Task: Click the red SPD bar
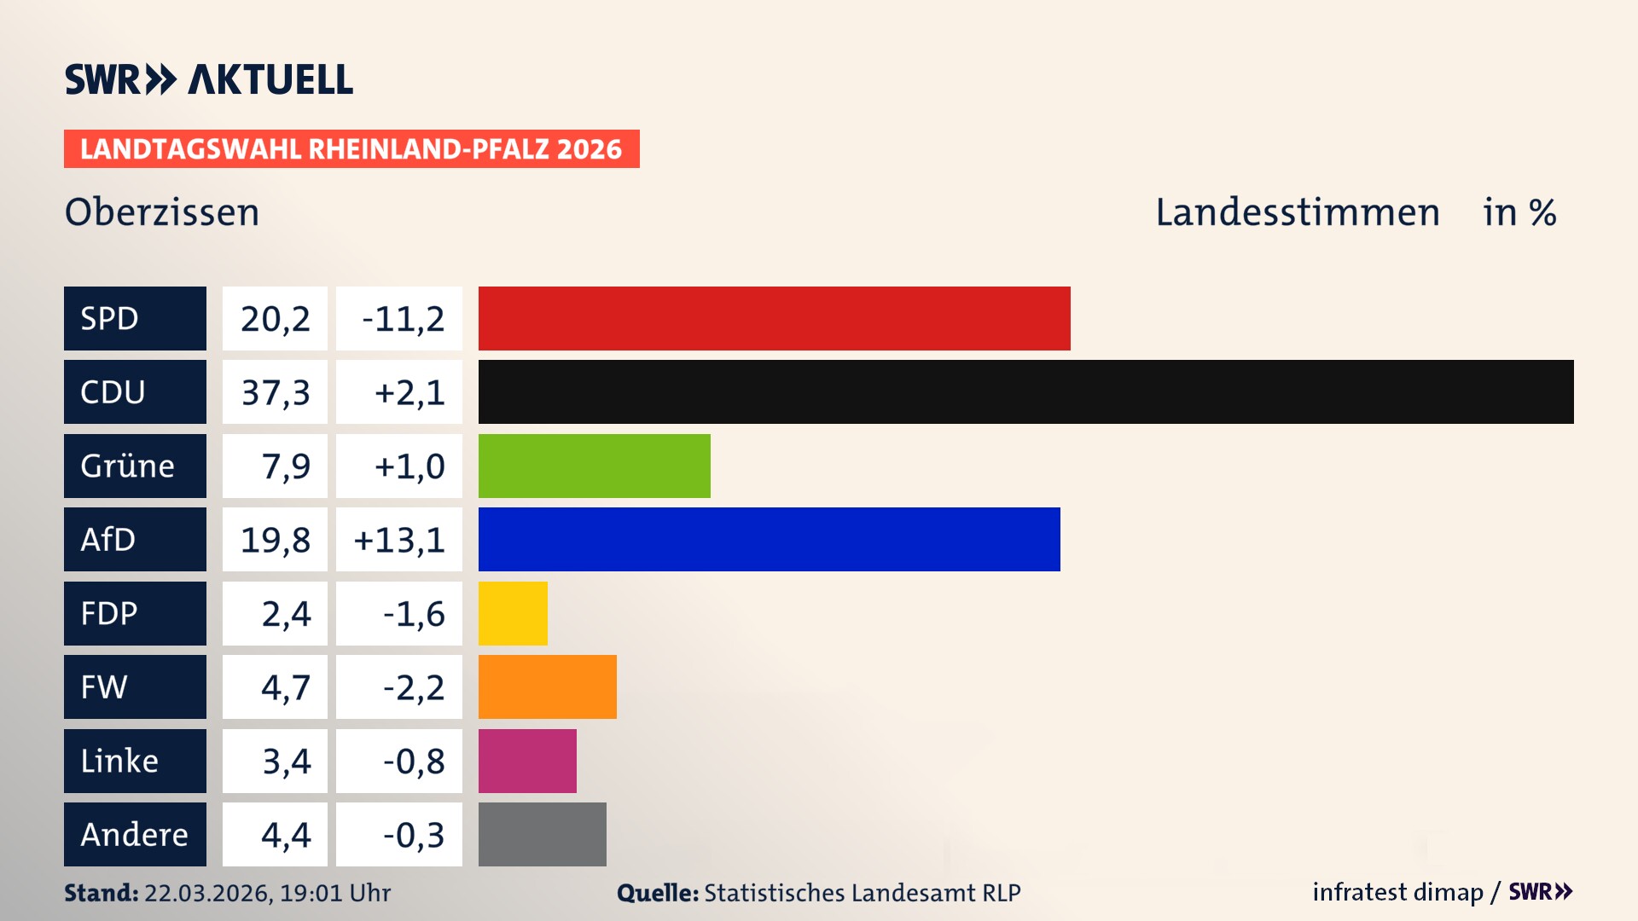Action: (774, 318)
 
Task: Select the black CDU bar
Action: (1025, 391)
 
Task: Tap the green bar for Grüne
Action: (594, 466)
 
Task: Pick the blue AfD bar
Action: (769, 539)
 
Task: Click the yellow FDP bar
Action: (513, 613)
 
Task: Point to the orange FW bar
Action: (547, 686)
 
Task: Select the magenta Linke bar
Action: (527, 761)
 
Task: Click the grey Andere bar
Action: (542, 834)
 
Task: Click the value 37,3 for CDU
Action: (275, 392)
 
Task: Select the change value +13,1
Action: (399, 540)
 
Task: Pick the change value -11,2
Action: (403, 319)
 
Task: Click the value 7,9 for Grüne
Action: (285, 466)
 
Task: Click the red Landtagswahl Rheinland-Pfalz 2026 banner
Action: (351, 149)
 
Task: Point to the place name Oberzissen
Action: (162, 212)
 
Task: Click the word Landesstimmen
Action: (1297, 212)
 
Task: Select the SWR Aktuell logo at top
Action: (209, 79)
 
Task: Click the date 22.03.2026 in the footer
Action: (207, 893)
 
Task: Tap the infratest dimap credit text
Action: (1397, 892)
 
